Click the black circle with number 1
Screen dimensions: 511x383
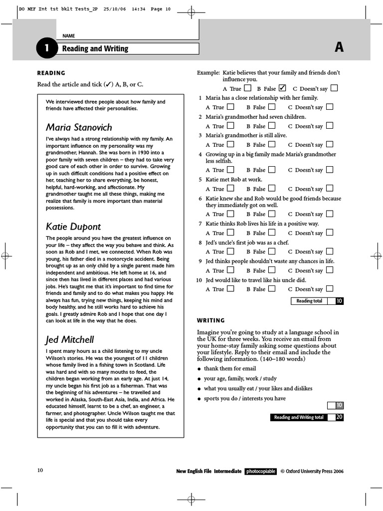[46, 48]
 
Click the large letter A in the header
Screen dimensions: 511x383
[339, 47]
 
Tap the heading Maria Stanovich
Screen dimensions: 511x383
[79, 127]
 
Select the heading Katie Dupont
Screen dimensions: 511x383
[74, 227]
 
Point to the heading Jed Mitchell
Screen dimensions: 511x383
[70, 340]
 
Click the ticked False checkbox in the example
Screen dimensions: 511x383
[282, 88]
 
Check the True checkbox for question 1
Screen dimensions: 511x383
[230, 107]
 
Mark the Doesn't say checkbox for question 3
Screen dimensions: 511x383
[329, 145]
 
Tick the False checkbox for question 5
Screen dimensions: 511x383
[271, 189]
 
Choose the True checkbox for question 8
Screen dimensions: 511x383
[230, 252]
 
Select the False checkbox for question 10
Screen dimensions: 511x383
[271, 289]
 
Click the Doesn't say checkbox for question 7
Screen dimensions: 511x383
[329, 233]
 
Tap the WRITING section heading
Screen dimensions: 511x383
[211, 320]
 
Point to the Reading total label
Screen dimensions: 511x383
[309, 301]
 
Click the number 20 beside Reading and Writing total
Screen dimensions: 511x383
[339, 417]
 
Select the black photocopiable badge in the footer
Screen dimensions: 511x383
[260, 471]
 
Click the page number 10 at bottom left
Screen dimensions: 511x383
[40, 471]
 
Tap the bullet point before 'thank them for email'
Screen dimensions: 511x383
[199, 369]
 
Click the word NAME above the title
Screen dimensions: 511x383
[68, 36]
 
